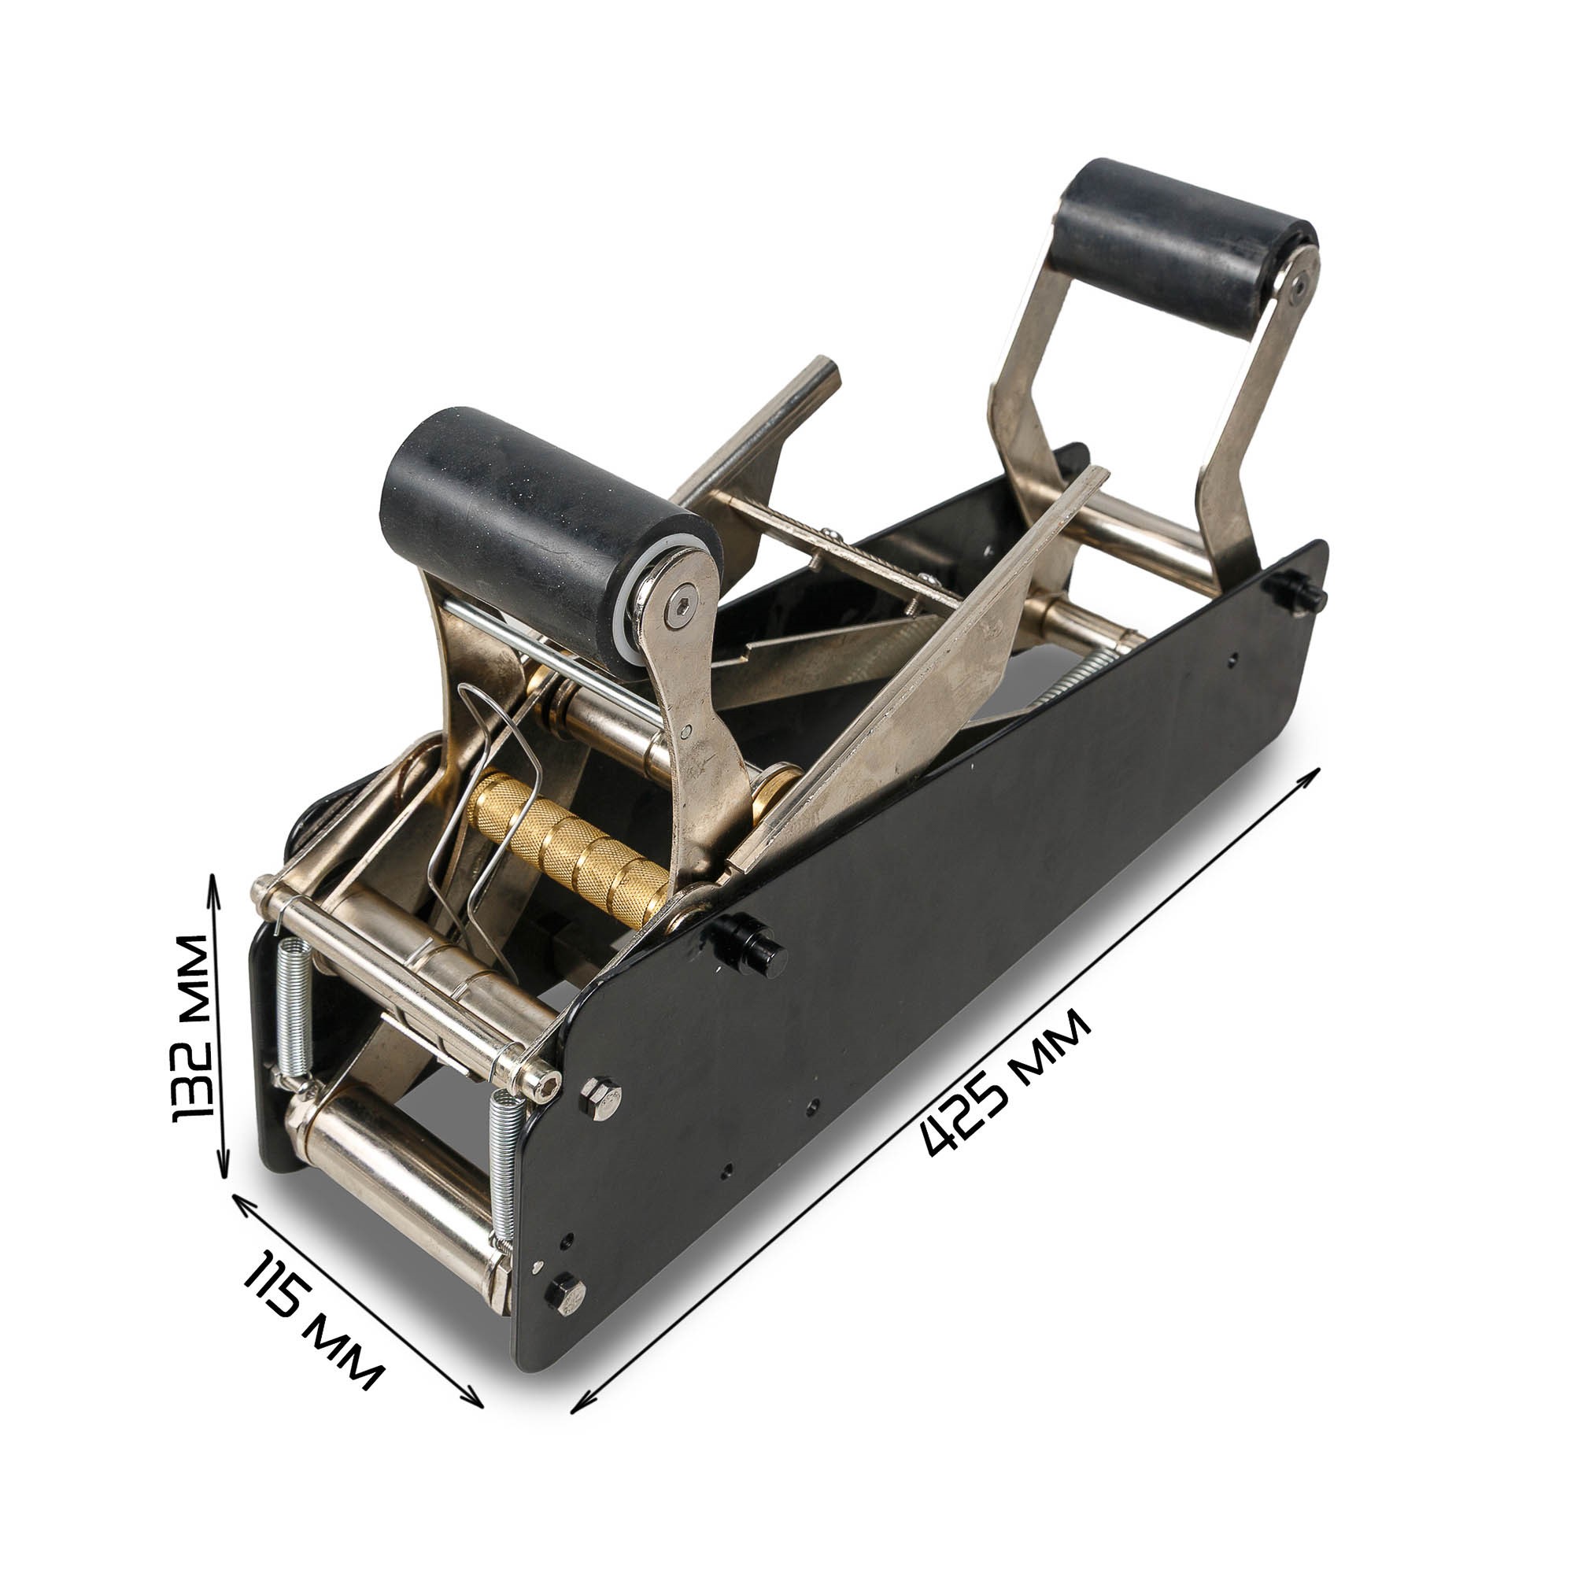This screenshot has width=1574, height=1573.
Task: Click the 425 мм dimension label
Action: [1006, 1082]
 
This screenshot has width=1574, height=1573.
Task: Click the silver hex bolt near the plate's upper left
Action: [600, 1097]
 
